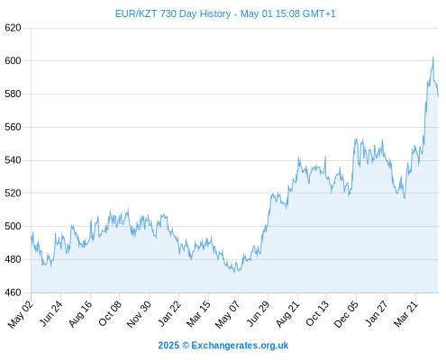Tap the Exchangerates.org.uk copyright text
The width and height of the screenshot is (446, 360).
223,346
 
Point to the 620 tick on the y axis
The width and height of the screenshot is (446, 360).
13,28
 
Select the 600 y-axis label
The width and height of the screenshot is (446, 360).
13,61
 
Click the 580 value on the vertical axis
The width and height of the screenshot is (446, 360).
13,94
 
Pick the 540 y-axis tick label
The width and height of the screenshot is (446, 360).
13,160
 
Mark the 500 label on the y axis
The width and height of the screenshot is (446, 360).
13,226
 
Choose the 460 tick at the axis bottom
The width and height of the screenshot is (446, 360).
13,292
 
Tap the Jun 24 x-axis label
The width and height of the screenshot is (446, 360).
51,313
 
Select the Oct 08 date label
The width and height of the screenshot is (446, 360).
111,313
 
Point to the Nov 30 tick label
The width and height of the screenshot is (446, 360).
140,314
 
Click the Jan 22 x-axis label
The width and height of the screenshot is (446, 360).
170,313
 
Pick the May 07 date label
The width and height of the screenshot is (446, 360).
228,314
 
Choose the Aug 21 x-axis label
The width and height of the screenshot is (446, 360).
288,314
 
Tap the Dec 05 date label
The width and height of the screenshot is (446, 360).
347,314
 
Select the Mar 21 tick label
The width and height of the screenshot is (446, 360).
406,314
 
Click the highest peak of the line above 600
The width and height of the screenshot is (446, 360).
432,57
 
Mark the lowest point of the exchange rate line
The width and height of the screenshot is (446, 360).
234,272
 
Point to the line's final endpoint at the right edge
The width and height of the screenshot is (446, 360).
438,96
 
